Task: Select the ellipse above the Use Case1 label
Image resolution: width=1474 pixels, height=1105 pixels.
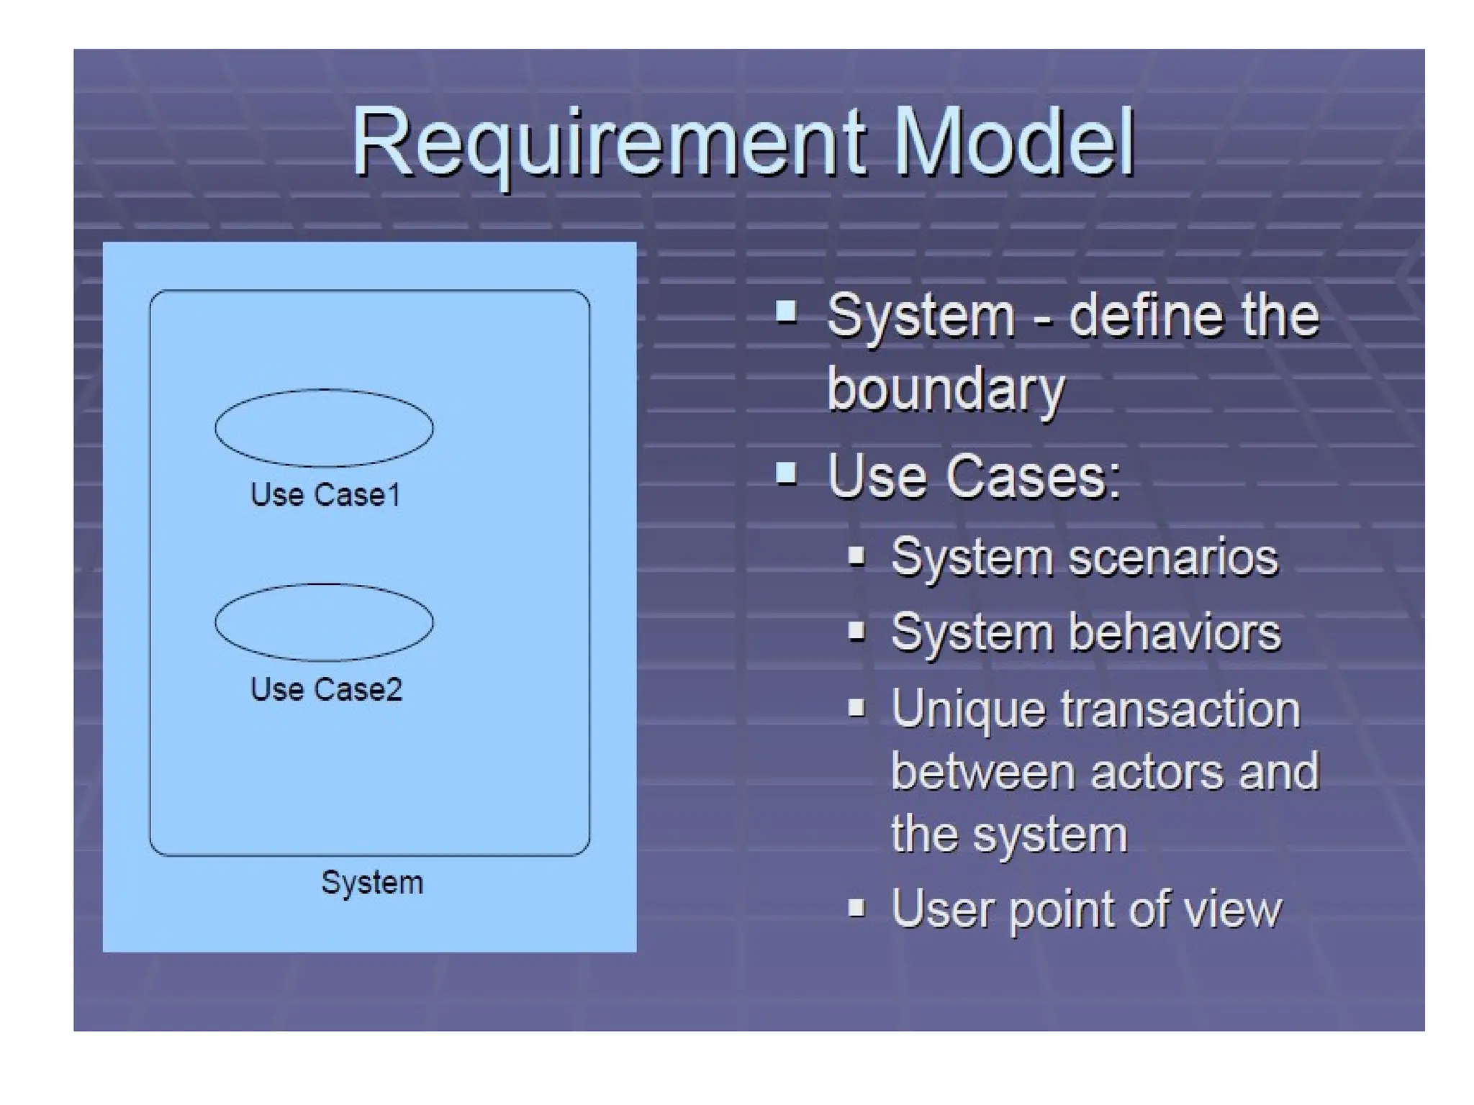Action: tap(324, 428)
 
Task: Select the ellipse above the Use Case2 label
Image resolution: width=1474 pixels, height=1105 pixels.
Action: tap(324, 622)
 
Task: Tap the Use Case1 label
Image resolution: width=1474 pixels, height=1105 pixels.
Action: tap(325, 495)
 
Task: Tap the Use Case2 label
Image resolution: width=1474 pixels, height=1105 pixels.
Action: tap(326, 689)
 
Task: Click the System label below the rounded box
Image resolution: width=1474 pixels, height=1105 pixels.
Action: tap(372, 882)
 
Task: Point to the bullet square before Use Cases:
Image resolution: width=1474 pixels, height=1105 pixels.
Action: tap(786, 473)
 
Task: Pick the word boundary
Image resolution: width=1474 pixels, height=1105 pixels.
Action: tap(945, 389)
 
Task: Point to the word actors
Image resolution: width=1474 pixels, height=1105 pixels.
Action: tap(1157, 772)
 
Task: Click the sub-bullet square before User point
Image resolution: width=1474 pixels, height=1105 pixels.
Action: tap(856, 907)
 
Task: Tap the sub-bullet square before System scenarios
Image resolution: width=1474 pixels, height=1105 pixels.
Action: tap(856, 555)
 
